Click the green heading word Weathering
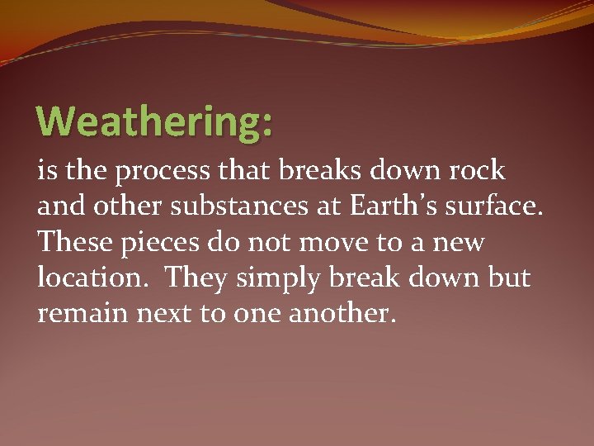pyautogui.click(x=148, y=122)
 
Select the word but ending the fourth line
pyautogui.click(x=509, y=278)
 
